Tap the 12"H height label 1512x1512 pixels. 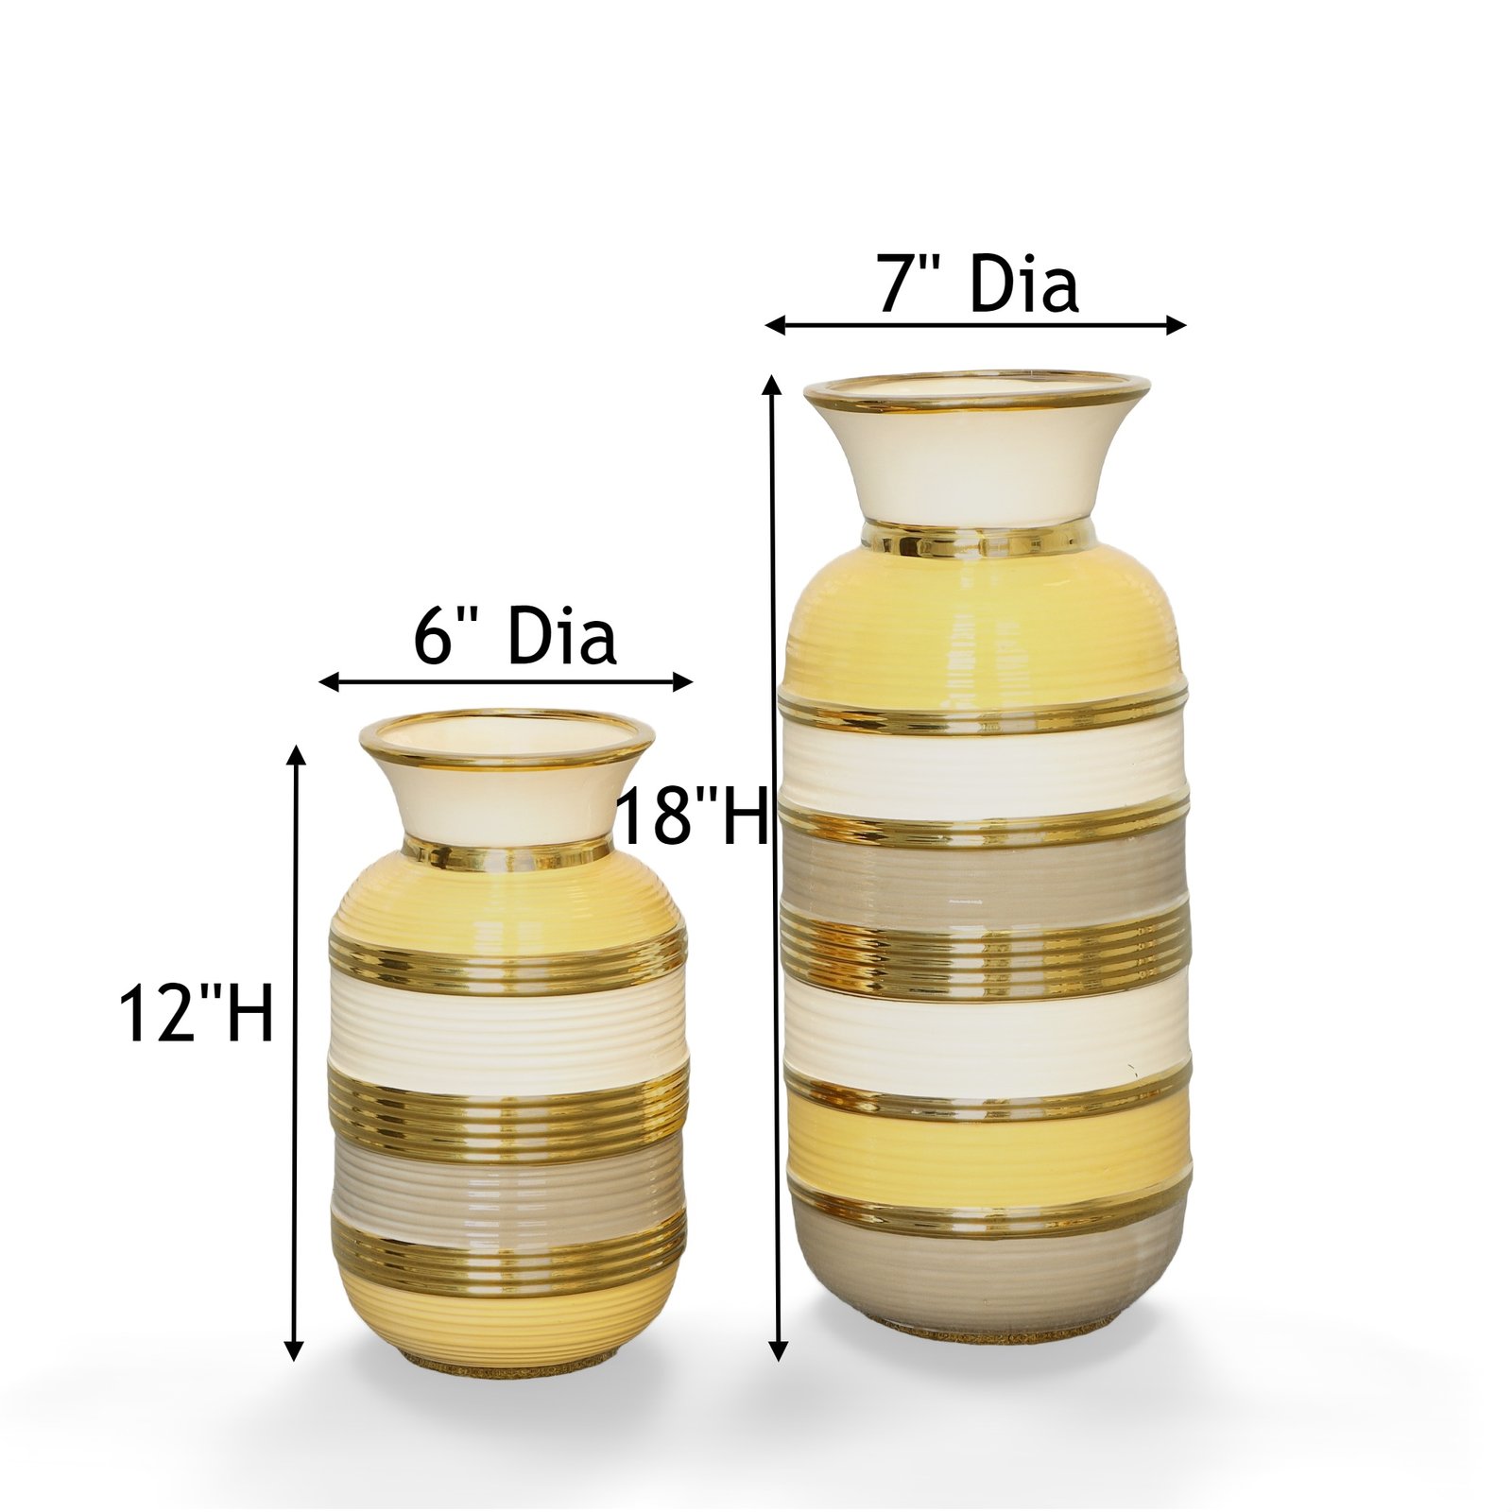(x=196, y=1011)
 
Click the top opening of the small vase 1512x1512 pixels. (x=507, y=740)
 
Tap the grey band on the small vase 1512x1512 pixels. (x=507, y=1187)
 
